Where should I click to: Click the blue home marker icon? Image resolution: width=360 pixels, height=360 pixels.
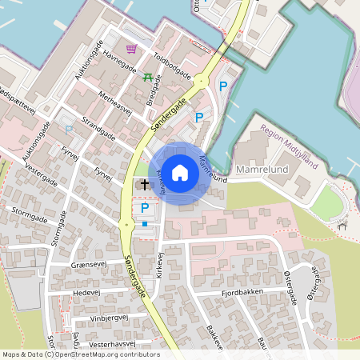point(180,172)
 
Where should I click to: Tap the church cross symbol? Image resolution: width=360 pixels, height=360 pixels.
point(145,185)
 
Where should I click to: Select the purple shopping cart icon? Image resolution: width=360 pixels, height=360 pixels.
point(131,49)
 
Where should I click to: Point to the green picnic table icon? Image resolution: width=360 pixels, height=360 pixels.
point(148,77)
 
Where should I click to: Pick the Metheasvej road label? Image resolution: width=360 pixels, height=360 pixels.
point(114,104)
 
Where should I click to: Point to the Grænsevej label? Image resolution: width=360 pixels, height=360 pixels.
point(89,266)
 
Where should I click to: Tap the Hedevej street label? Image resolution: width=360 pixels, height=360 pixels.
point(86,293)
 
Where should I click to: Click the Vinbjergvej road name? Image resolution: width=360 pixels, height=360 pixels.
point(109,318)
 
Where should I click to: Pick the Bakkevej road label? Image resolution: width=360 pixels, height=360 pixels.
point(213,340)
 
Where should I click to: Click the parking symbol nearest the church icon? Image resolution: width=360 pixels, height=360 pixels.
point(145,208)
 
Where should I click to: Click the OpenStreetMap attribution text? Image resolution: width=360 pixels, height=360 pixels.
point(80,354)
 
